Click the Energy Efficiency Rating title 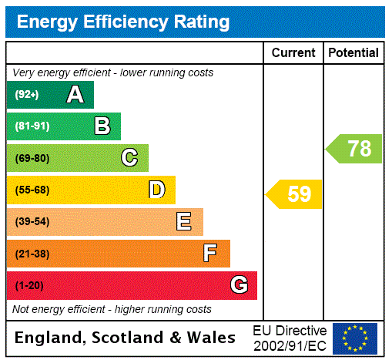123,22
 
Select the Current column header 293,53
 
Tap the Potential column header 353,53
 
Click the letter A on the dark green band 75,95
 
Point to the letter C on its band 129,158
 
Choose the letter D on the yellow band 156,190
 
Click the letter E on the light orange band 184,222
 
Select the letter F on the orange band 210,254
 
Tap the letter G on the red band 239,285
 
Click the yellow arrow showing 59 295,194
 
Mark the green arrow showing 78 355,148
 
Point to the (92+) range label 27,95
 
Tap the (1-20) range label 29,286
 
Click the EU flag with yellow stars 355,338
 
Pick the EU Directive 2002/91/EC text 290,338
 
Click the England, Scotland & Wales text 126,338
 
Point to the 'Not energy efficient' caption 112,309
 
